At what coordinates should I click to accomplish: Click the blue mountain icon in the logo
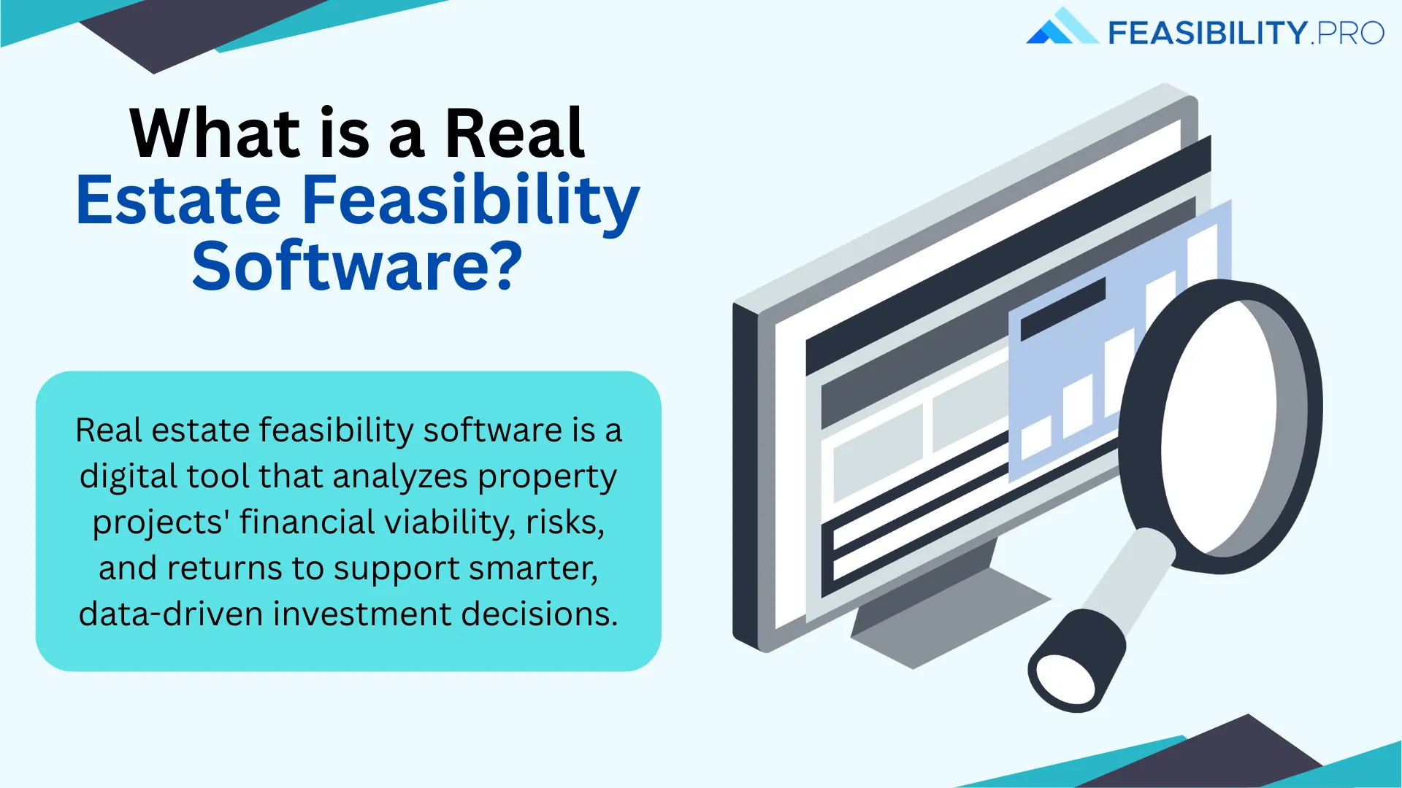pos(1061,28)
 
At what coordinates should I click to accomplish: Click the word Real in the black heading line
pos(515,134)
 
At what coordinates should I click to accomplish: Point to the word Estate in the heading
pos(179,200)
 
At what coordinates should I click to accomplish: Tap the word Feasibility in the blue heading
pos(470,201)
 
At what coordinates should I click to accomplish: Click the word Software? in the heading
pos(357,267)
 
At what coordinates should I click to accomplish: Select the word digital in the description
pos(129,476)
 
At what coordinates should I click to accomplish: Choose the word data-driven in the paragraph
pos(171,614)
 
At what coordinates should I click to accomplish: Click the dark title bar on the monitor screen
pos(1008,255)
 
